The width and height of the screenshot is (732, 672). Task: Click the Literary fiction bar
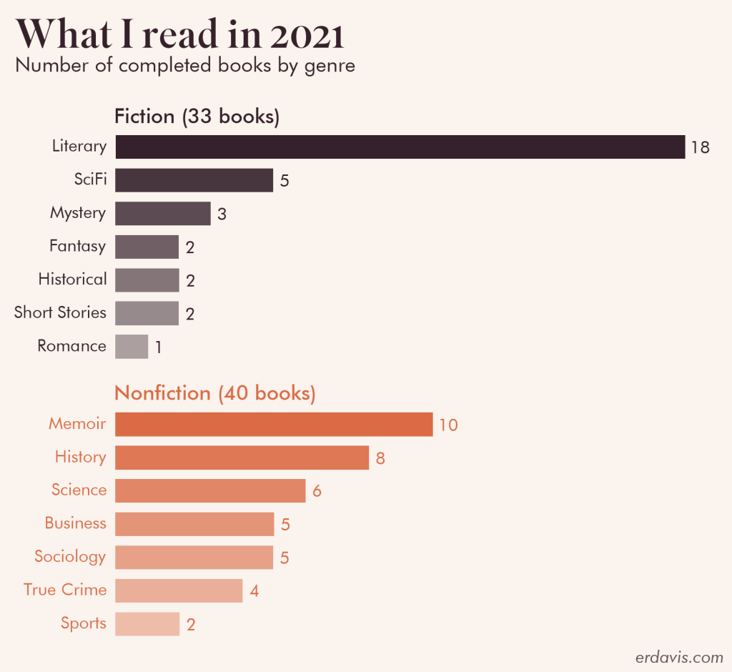(400, 147)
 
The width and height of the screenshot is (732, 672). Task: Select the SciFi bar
(194, 180)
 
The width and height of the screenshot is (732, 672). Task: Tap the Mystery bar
(162, 213)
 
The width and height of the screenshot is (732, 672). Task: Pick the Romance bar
(131, 347)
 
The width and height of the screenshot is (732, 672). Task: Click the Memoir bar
(274, 424)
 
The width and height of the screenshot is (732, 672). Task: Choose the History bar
(242, 458)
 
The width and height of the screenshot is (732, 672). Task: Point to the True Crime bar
(179, 591)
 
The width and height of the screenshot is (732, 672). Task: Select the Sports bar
(147, 624)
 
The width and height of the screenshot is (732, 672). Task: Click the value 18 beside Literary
(700, 148)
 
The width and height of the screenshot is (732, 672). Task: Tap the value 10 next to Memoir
(448, 425)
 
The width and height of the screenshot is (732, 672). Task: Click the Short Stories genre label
(60, 313)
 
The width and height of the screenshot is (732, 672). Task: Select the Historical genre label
(72, 280)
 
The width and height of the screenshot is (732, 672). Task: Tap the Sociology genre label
(70, 557)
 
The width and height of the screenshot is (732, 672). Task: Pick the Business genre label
(75, 523)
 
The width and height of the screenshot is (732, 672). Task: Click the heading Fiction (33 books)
(197, 117)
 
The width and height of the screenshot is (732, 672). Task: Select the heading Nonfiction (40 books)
(214, 393)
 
